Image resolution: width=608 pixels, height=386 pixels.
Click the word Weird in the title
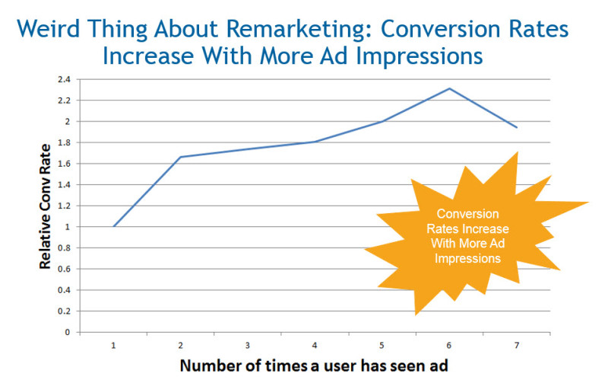pyautogui.click(x=49, y=30)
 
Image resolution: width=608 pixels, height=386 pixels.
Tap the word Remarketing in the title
pyautogui.click(x=274, y=30)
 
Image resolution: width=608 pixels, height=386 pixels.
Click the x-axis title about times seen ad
pyautogui.click(x=315, y=365)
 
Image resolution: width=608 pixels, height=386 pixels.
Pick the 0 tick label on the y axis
pyautogui.click(x=67, y=333)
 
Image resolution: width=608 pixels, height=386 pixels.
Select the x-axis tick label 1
pyautogui.click(x=113, y=346)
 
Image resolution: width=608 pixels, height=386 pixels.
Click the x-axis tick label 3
pyautogui.click(x=248, y=346)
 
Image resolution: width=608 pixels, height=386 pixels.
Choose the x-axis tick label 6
pyautogui.click(x=449, y=346)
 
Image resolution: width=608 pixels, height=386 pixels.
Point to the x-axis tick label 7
pyautogui.click(x=517, y=346)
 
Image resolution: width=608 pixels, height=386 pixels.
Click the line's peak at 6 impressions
pyautogui.click(x=449, y=88)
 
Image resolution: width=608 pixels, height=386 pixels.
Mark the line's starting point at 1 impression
pyautogui.click(x=113, y=226)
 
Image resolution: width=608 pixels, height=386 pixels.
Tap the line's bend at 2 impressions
pyautogui.click(x=181, y=157)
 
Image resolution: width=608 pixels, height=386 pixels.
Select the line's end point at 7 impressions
pyautogui.click(x=517, y=127)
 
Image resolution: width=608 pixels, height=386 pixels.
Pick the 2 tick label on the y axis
pyautogui.click(x=67, y=121)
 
